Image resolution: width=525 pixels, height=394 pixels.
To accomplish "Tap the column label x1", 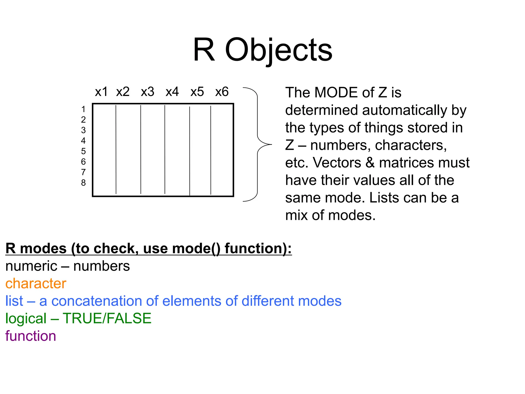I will point(101,92).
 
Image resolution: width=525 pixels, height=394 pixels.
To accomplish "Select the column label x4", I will point(172,92).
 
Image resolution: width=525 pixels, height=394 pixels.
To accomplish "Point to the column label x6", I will point(222,92).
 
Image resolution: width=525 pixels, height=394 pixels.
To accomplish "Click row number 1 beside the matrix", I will point(83,109).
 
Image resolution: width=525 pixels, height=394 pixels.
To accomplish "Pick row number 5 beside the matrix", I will point(83,151).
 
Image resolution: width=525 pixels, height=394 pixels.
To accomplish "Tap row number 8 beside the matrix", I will point(83,183).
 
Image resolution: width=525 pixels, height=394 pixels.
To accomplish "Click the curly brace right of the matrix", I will point(257,144).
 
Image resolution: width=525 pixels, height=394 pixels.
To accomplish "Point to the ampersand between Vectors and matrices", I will point(370,163).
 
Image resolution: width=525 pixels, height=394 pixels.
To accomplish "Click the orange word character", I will point(36,283).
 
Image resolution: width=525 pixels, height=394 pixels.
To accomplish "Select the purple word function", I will point(31,336).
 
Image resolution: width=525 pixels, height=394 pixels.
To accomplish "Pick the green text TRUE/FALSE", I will point(107,318).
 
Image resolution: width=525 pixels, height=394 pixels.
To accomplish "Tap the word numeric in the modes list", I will point(31,266).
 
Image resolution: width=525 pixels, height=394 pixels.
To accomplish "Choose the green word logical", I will point(26,319).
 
